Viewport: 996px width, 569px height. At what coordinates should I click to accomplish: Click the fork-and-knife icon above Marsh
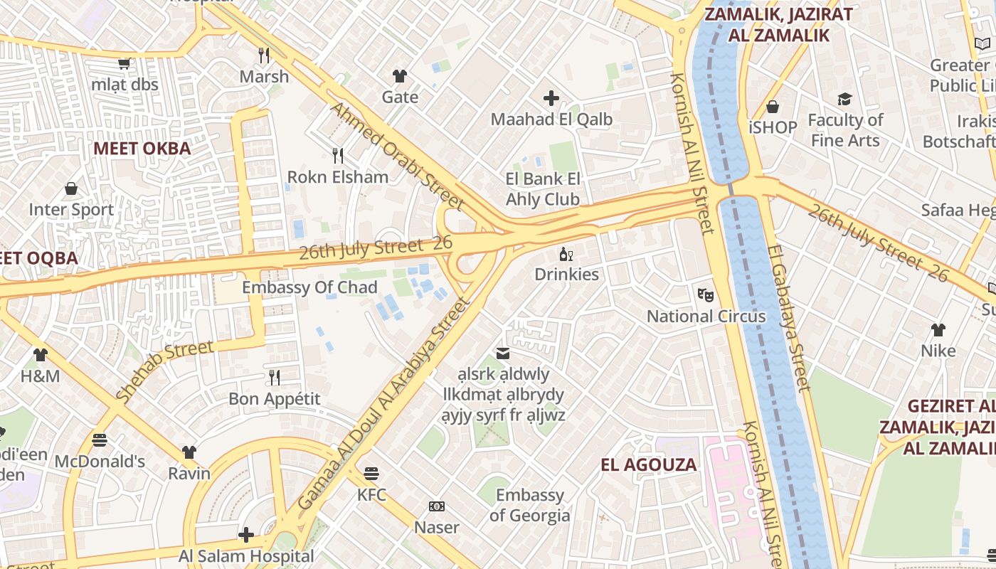point(264,55)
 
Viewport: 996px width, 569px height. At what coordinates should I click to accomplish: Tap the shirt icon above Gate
point(400,75)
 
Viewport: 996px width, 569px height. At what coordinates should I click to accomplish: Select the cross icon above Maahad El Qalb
point(551,98)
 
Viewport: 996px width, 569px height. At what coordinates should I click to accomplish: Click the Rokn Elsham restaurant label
point(338,177)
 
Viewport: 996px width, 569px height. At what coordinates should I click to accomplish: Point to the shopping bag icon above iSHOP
point(773,107)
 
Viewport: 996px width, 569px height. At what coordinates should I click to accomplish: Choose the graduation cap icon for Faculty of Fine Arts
point(844,99)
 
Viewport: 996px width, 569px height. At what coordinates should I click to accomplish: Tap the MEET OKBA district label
point(142,149)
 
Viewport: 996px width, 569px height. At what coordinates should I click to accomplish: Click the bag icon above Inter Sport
point(71,188)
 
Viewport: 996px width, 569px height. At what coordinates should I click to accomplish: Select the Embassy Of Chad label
point(309,287)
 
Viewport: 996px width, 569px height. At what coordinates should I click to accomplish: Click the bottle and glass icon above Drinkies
point(566,254)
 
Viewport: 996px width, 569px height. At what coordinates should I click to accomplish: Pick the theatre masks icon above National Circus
point(705,294)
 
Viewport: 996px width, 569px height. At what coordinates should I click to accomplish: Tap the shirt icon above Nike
point(938,330)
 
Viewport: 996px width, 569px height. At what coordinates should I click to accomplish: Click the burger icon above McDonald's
point(100,440)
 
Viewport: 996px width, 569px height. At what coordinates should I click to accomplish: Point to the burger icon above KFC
point(371,473)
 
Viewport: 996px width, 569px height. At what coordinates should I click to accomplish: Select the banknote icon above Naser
point(437,506)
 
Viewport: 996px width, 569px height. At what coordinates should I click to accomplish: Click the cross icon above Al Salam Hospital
point(246,534)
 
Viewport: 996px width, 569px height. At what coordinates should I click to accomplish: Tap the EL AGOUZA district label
point(649,465)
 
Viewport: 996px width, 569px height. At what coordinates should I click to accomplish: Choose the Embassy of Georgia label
point(530,505)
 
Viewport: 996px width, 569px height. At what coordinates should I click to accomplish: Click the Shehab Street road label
point(164,373)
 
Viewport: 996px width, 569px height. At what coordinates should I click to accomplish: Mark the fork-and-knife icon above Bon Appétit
point(274,377)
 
